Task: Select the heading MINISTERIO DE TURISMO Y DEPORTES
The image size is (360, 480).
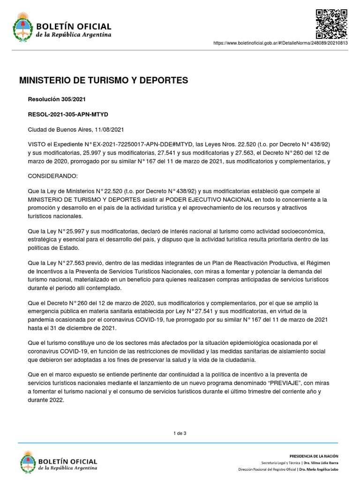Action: click(x=103, y=81)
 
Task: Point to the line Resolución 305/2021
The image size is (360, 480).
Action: click(x=57, y=99)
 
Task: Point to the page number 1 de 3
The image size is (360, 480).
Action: click(x=180, y=433)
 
